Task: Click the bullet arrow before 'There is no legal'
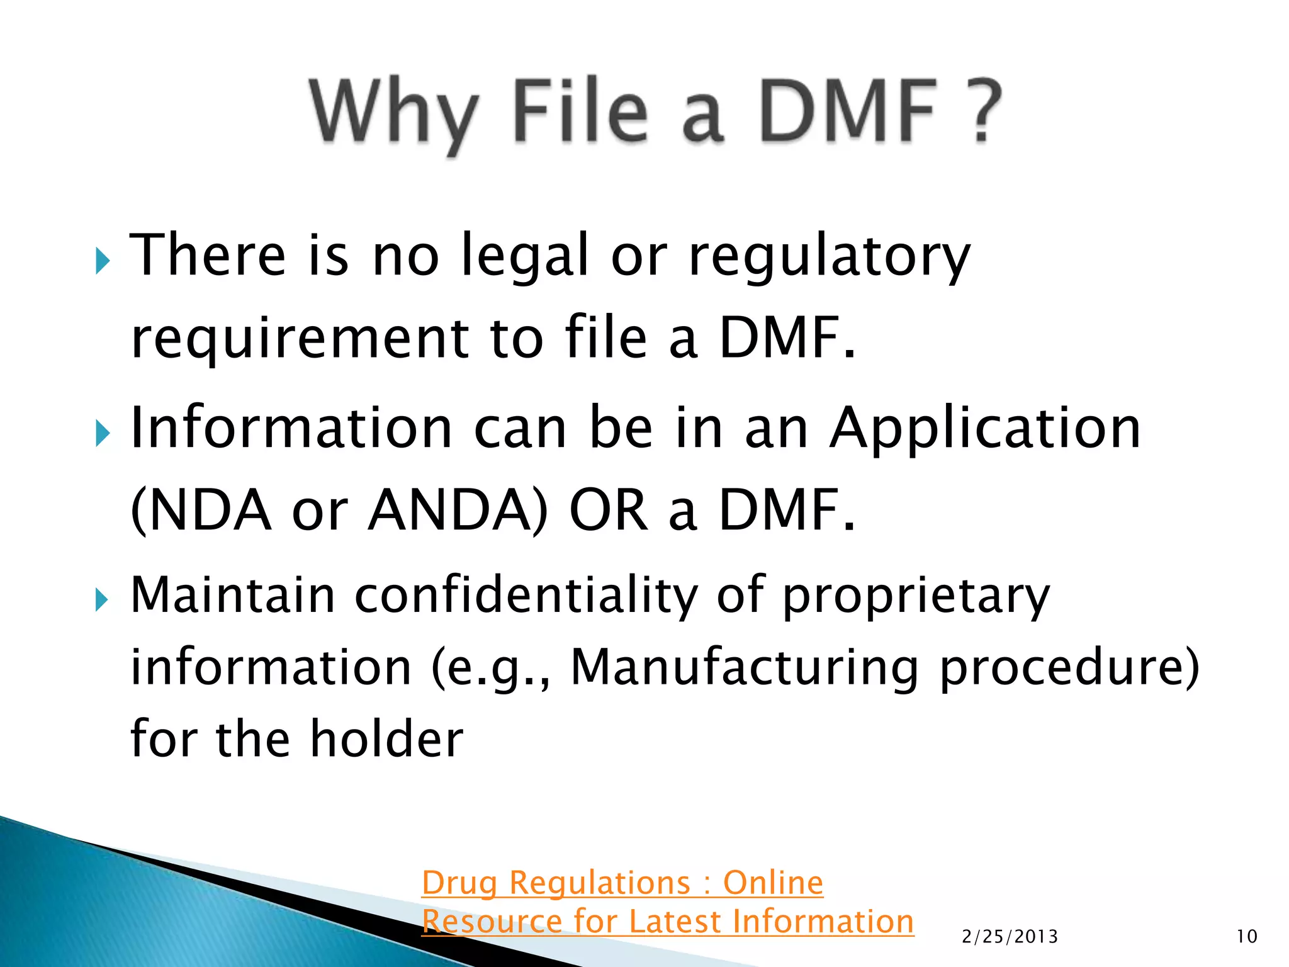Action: (x=103, y=261)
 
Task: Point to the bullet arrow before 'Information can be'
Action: (x=103, y=434)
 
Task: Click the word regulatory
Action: (x=830, y=257)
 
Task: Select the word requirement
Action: (x=299, y=339)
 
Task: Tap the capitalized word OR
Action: (x=608, y=511)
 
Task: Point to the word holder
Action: (x=386, y=739)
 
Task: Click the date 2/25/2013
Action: (x=1010, y=937)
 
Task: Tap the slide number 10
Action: (x=1247, y=937)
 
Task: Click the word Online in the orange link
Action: (x=773, y=883)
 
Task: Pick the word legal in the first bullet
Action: (x=525, y=257)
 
